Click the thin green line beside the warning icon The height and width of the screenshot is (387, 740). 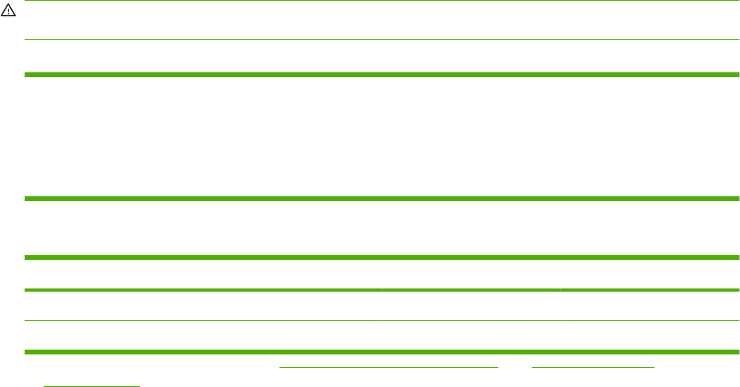(x=382, y=1)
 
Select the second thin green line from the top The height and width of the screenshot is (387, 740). (x=382, y=40)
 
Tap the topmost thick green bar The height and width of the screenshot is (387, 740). (x=382, y=75)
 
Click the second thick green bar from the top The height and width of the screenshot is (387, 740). (x=382, y=199)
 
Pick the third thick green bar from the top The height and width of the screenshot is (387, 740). (x=382, y=257)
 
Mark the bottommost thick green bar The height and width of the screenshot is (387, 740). (x=382, y=351)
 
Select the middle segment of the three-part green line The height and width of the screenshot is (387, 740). (x=471, y=291)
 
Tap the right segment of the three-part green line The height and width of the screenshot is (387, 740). (x=650, y=291)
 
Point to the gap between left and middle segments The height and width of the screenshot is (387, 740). (x=382, y=291)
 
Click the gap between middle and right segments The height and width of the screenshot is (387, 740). (x=560, y=291)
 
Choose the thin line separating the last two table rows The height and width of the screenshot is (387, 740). (x=382, y=320)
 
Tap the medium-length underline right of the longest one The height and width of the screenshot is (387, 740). (x=592, y=369)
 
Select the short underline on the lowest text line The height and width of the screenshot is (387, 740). (x=91, y=386)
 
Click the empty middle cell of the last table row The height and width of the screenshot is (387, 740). (x=471, y=335)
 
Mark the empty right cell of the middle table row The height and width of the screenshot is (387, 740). (x=650, y=306)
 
